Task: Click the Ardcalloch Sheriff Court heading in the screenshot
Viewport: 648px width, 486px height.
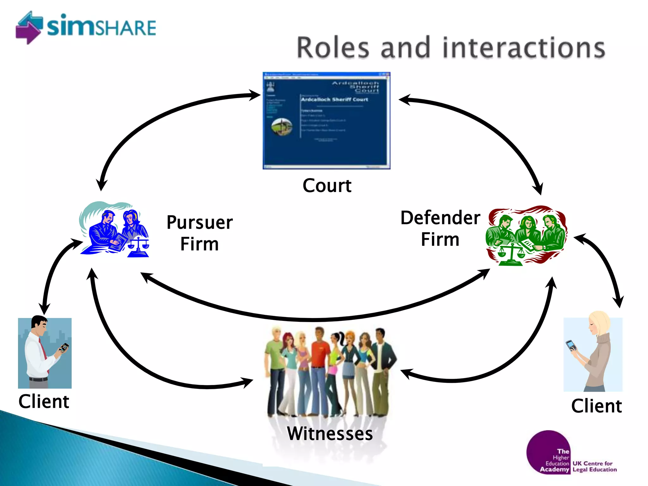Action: point(334,99)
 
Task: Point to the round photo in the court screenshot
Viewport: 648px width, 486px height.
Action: point(282,127)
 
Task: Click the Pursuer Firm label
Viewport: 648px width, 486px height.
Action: point(199,233)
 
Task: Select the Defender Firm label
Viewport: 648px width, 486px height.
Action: point(440,228)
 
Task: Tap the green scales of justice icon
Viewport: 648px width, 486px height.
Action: point(510,255)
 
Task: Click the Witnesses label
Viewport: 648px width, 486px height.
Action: point(330,433)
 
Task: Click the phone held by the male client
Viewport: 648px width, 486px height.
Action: point(64,347)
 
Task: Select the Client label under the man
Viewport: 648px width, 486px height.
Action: point(44,402)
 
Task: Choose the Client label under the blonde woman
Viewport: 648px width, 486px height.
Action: point(596,406)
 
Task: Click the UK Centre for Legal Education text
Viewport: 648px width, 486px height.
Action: point(594,466)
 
